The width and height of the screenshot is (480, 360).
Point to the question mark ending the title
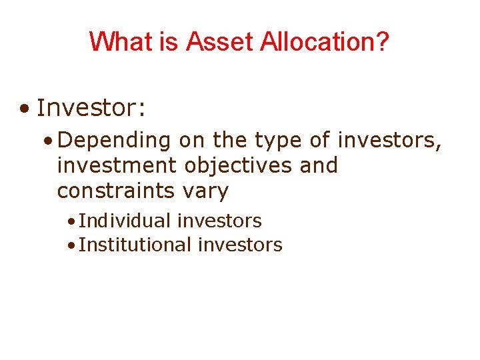382,42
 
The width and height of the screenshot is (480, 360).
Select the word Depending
119,141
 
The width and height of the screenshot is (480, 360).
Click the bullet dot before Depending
48,141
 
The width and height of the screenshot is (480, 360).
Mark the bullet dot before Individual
71,221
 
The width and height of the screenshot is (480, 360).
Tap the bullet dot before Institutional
71,245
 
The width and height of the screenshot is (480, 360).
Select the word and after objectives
319,165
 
